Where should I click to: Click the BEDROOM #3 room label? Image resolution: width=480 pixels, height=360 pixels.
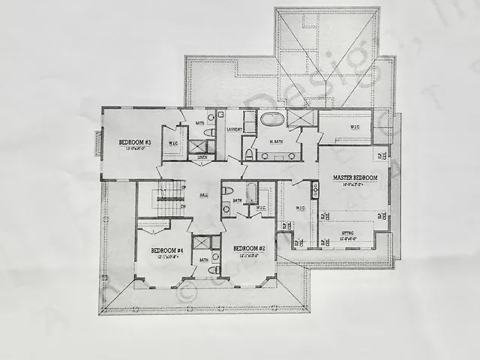click(135, 141)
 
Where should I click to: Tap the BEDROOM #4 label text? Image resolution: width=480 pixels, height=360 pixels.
click(163, 250)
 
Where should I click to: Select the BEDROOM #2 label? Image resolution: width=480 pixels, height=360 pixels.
click(249, 249)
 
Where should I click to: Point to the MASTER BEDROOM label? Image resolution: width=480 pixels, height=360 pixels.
click(354, 178)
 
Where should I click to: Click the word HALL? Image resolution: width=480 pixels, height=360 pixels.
click(203, 195)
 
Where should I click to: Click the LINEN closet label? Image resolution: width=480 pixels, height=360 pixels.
click(202, 157)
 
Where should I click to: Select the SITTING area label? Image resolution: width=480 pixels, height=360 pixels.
click(346, 234)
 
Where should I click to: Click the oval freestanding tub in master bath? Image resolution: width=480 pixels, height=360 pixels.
click(271, 119)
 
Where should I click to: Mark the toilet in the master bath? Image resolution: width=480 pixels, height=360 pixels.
click(249, 153)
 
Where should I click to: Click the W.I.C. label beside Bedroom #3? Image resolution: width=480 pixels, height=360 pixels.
click(173, 143)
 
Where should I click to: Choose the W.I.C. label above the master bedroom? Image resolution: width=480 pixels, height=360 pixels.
click(355, 127)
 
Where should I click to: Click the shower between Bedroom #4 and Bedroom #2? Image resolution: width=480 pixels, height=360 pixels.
click(202, 242)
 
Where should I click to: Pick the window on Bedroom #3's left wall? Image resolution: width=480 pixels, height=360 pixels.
click(97, 143)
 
